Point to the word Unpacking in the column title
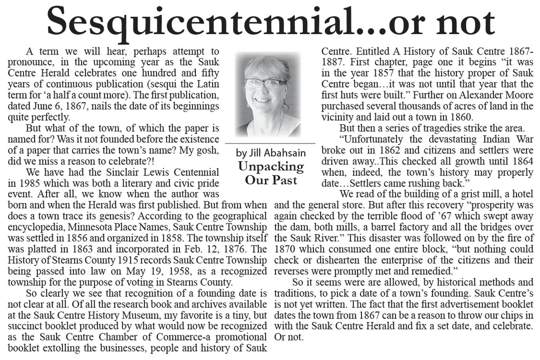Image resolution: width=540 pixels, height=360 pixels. [270, 166]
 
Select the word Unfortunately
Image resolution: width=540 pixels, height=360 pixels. [372, 139]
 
